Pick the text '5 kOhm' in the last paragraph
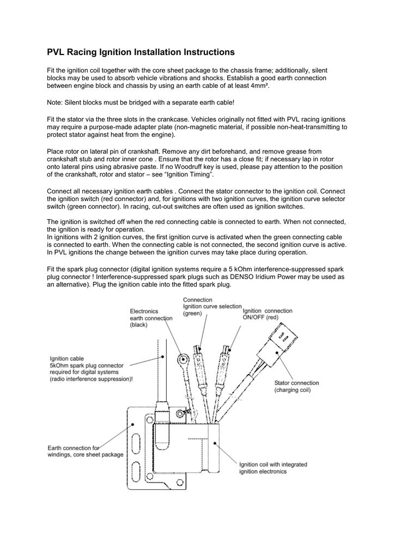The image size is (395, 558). pyautogui.click(x=265, y=269)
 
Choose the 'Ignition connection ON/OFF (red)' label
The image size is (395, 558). pyautogui.click(x=267, y=314)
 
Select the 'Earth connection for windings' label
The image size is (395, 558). pyautogui.click(x=85, y=451)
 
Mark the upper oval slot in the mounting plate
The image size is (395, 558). pyautogui.click(x=136, y=439)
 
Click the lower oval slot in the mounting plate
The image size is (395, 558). pyautogui.click(x=136, y=473)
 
